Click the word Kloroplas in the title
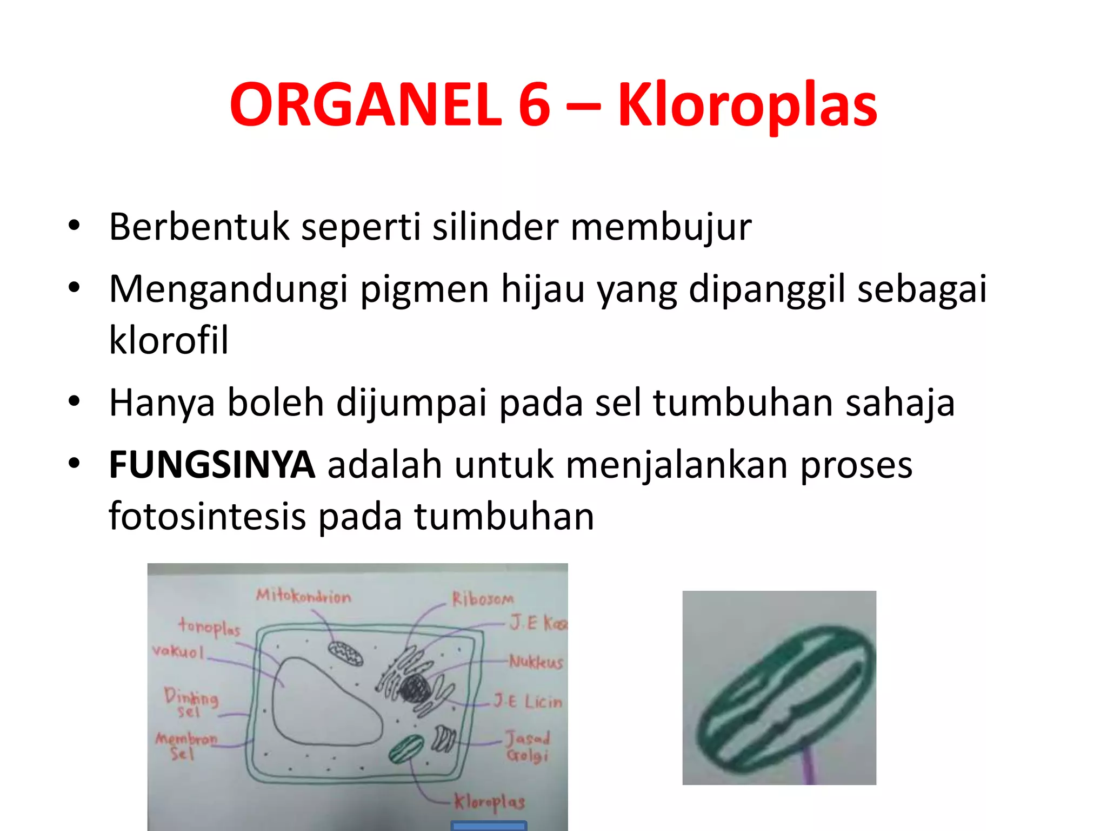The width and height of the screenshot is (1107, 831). point(747,105)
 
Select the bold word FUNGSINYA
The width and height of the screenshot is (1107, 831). point(212,465)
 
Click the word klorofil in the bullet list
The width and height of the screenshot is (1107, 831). point(169,340)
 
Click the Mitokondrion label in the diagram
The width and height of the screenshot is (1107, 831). point(303,596)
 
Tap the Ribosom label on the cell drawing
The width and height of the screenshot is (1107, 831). point(483,598)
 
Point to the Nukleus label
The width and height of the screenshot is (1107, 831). point(536,662)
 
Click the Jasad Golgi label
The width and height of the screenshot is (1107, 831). point(528,747)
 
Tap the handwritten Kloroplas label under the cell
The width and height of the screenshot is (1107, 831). point(489,802)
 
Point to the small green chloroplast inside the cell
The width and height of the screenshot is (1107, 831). point(406,749)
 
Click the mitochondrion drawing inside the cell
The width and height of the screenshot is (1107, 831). point(345,653)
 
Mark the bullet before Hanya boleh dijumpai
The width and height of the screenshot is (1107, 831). point(74,402)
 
